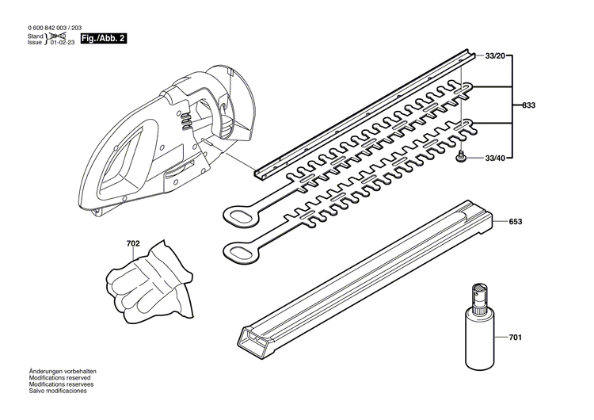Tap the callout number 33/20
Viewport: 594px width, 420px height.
point(495,55)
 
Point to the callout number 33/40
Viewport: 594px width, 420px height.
point(495,159)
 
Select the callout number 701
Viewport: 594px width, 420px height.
point(516,338)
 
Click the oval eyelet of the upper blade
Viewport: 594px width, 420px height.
point(237,215)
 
